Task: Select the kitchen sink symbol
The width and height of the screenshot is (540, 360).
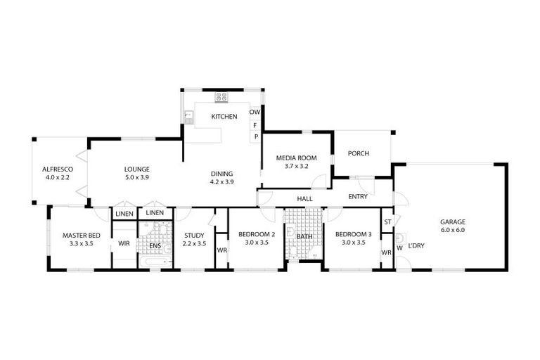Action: coord(188,115)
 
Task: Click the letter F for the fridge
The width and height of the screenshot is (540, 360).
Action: coord(255,124)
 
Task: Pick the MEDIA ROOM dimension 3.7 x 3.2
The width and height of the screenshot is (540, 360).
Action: coord(296,167)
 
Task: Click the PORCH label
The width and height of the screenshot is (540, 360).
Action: coord(359,154)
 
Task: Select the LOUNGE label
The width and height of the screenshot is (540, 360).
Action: coord(136,169)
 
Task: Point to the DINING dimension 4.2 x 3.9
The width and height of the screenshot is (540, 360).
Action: coord(222,182)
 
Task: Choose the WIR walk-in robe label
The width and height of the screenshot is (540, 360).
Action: coord(124,243)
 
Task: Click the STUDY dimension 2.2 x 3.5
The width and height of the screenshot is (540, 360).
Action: coord(193,243)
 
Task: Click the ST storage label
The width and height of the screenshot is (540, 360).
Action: coord(387,222)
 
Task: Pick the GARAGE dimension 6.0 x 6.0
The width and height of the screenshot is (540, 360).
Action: coord(453,230)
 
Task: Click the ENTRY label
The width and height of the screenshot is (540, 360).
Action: coord(357,197)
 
